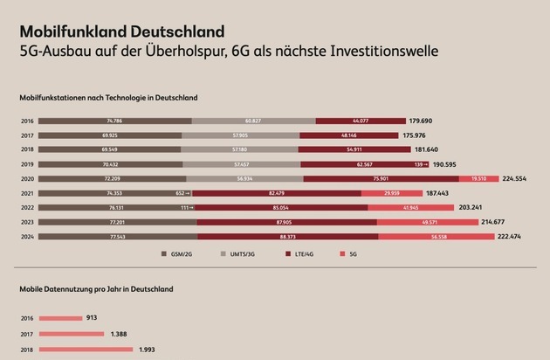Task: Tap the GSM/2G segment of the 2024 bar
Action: [118, 236]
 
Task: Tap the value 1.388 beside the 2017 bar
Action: [118, 334]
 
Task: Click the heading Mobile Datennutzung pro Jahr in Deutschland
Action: [97, 288]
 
